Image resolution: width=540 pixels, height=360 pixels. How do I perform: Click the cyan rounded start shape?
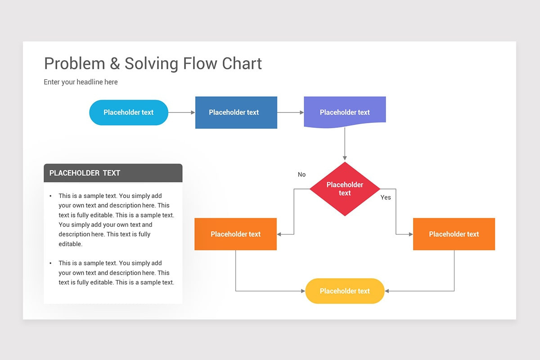coord(129,112)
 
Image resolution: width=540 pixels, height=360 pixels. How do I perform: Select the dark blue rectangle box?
coord(236,112)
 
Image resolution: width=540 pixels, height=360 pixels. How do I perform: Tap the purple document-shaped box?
coord(345,112)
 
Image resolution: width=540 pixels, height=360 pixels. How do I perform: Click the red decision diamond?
coord(345,189)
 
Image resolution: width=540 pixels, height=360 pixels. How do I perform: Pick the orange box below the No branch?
coord(235,234)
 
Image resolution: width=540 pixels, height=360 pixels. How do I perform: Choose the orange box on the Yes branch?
coord(454,234)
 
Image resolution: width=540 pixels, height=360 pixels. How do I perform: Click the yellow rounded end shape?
coord(345,291)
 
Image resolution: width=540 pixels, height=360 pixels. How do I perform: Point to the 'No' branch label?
coord(301,175)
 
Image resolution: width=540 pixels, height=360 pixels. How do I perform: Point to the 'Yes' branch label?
coord(386,198)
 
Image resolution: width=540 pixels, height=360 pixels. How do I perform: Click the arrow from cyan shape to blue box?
coord(181,112)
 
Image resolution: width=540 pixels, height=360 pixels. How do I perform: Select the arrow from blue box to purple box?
coord(290,112)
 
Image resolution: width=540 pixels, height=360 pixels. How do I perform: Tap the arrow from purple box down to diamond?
coord(345,144)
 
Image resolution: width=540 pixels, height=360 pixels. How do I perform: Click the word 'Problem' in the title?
coord(74,64)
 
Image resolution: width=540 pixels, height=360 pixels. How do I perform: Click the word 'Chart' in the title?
coord(242,64)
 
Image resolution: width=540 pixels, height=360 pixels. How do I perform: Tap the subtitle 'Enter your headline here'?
coord(81,82)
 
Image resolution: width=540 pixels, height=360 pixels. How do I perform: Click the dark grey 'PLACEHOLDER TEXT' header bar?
coord(113,173)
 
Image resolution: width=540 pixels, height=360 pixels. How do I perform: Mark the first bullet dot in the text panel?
coord(50,196)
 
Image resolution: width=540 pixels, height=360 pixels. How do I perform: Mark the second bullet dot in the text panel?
coord(50,263)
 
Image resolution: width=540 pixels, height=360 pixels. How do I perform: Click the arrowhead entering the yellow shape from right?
coord(387,291)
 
